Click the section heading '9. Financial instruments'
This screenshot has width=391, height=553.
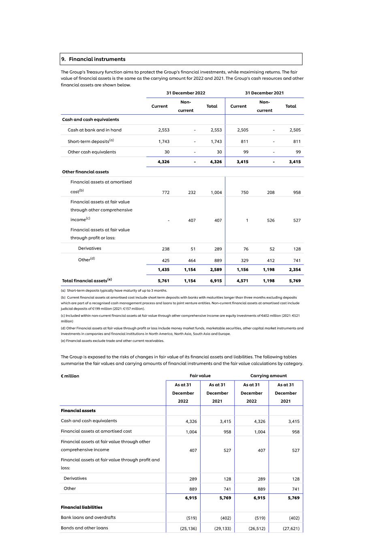click(x=93, y=59)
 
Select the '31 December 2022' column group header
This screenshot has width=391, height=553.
click(x=186, y=93)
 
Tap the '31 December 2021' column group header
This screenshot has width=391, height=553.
click(x=264, y=93)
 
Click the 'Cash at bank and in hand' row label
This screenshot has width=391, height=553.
click(x=94, y=130)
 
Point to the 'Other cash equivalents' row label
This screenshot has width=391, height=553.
click(x=92, y=152)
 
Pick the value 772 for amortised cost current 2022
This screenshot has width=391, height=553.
click(x=166, y=192)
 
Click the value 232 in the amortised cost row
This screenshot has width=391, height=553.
click(x=192, y=192)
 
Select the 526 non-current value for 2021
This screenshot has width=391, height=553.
click(x=271, y=220)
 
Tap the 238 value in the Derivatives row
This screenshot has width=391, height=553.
click(x=165, y=249)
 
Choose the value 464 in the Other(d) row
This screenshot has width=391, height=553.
click(x=192, y=260)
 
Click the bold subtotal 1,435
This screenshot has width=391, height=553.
click(x=164, y=269)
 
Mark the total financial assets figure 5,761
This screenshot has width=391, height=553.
click(x=164, y=281)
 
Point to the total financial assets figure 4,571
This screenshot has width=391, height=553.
click(x=242, y=281)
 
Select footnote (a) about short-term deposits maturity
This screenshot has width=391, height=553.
click(x=114, y=290)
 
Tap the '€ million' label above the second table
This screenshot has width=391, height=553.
click(x=70, y=376)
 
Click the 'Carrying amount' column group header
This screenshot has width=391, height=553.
click(x=268, y=376)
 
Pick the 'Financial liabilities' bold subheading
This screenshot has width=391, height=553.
click(x=81, y=507)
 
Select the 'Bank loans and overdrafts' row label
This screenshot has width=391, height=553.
click(x=88, y=517)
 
